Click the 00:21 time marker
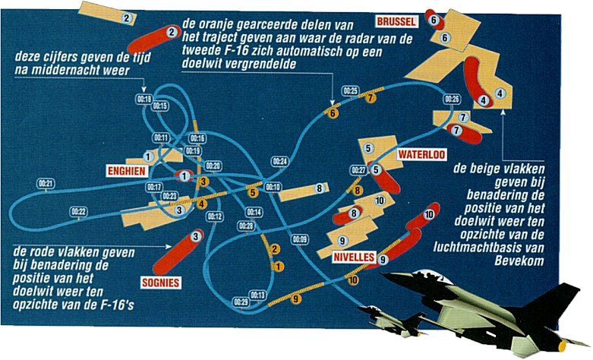[46, 184]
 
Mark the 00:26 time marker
[452, 99]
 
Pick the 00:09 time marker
[299, 240]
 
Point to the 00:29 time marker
[241, 302]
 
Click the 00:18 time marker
[144, 99]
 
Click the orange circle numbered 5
[254, 193]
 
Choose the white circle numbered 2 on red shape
[172, 32]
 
